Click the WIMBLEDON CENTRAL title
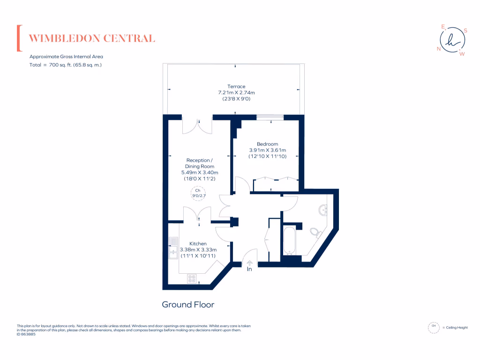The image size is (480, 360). pyautogui.click(x=92, y=38)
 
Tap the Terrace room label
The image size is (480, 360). pyautogui.click(x=236, y=86)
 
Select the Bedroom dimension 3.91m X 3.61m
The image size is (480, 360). pyautogui.click(x=267, y=150)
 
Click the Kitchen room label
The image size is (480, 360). pyautogui.click(x=198, y=244)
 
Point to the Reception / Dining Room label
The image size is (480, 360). pyautogui.click(x=200, y=163)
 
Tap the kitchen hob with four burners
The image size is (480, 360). pyautogui.click(x=192, y=278)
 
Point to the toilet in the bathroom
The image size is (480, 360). pyautogui.click(x=316, y=232)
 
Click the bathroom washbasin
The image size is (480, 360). pyautogui.click(x=322, y=210)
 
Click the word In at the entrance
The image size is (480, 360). pyautogui.click(x=249, y=269)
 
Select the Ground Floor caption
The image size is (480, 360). pyautogui.click(x=188, y=305)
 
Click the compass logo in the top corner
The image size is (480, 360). pyautogui.click(x=452, y=41)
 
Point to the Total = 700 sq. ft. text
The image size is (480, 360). pyautogui.click(x=66, y=65)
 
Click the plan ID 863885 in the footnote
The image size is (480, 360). pyautogui.click(x=26, y=334)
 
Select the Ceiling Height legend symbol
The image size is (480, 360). pyautogui.click(x=434, y=327)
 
